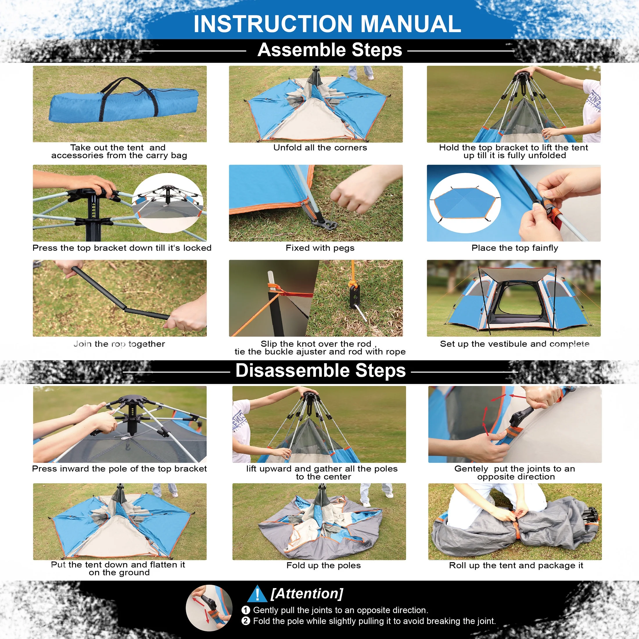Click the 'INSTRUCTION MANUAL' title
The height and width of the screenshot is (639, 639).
point(327,24)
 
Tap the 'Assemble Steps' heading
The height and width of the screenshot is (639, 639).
point(330,50)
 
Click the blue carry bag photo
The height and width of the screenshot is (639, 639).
point(120,104)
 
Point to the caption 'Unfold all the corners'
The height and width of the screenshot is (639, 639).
point(320,148)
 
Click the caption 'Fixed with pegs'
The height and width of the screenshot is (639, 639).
point(320,248)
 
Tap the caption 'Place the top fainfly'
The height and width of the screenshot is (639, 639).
point(515,248)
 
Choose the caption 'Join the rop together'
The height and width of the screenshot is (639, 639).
point(119,344)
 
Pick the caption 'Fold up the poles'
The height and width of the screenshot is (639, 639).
point(324,566)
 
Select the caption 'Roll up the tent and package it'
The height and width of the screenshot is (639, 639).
point(516,566)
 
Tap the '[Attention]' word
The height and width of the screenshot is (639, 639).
point(307,594)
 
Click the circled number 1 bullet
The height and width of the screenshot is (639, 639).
point(246,610)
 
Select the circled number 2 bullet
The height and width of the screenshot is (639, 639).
point(246,621)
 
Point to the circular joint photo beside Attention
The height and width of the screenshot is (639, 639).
point(209,608)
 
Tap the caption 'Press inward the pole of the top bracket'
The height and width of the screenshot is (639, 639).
point(119,469)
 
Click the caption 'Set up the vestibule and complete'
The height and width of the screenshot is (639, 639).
point(515,344)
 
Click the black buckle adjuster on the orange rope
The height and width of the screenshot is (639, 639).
point(355,296)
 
